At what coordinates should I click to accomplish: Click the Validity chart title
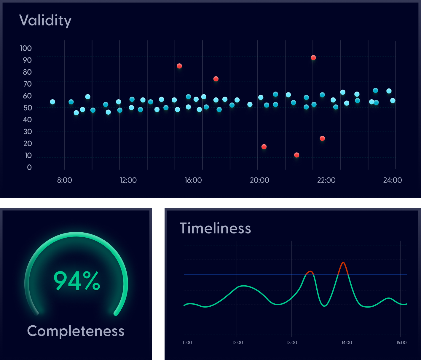click(x=45, y=20)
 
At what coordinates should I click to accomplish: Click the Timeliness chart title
click(x=215, y=228)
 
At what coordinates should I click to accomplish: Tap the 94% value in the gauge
click(x=77, y=281)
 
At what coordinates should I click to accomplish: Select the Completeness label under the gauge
click(x=76, y=331)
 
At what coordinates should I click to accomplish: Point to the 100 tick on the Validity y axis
click(x=26, y=48)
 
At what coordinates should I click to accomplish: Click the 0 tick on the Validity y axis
click(x=29, y=167)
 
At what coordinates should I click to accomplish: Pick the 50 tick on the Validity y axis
click(x=28, y=108)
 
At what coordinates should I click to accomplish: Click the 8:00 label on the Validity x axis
click(x=64, y=180)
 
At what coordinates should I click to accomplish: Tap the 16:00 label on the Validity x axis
click(x=193, y=180)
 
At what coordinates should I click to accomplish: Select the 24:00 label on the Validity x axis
click(x=392, y=180)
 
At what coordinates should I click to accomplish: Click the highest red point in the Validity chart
click(x=313, y=58)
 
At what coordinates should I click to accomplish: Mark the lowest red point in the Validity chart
click(x=296, y=155)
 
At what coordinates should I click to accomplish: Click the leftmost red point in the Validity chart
click(x=179, y=66)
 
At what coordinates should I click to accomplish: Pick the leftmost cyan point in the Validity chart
click(x=52, y=102)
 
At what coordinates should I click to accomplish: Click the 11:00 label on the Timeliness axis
click(x=187, y=343)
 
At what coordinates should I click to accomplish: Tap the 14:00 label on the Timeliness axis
click(x=347, y=343)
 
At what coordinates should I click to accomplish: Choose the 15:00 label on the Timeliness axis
click(x=401, y=343)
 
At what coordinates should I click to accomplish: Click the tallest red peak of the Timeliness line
click(x=343, y=263)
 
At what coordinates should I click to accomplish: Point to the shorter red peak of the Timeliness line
click(x=310, y=271)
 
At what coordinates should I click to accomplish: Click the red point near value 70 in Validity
click(x=216, y=79)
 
